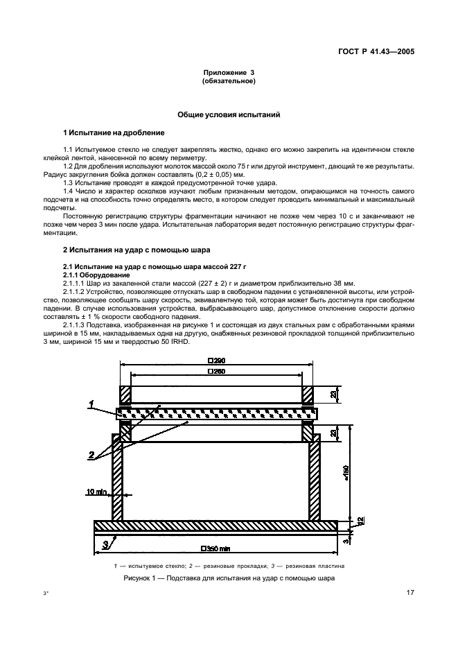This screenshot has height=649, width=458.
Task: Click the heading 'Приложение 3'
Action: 229,73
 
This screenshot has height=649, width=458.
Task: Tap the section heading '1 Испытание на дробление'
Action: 114,132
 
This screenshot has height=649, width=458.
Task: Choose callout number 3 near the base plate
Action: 104,544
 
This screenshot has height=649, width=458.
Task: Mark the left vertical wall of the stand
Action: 118,478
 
